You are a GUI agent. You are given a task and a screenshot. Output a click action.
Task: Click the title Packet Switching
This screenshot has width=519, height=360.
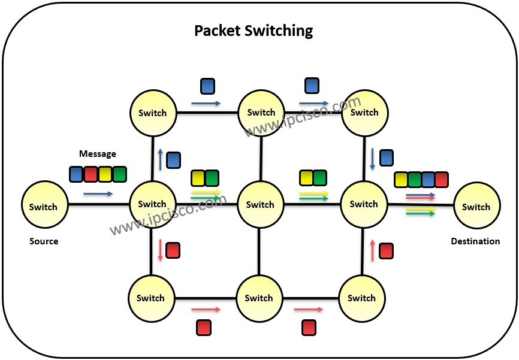(x=253, y=30)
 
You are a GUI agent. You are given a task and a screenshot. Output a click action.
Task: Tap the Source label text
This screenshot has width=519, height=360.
(x=44, y=241)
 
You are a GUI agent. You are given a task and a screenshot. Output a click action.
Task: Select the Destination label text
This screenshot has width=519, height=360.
(x=475, y=241)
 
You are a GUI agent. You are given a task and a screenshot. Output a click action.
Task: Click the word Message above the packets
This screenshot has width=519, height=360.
(x=98, y=154)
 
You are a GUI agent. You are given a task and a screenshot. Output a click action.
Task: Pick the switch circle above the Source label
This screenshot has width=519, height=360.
(x=44, y=207)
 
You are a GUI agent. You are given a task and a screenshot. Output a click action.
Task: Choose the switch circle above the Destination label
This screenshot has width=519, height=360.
(x=476, y=207)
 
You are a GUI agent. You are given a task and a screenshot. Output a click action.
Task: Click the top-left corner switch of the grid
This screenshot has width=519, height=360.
(x=153, y=113)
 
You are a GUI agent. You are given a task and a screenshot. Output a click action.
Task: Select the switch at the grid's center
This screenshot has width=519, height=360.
(x=260, y=205)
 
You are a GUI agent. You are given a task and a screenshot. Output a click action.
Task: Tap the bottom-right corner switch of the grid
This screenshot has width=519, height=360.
(x=361, y=298)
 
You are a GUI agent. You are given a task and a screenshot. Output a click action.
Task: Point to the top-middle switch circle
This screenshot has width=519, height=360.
(x=261, y=113)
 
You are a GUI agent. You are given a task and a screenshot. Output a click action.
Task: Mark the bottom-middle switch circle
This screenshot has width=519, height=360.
(x=259, y=298)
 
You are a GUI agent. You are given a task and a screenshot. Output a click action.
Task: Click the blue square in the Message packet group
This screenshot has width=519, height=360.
(x=76, y=174)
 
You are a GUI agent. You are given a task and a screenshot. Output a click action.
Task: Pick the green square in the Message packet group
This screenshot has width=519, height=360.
(x=120, y=174)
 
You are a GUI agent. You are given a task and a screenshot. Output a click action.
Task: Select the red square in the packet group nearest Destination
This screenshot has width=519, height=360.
(x=442, y=179)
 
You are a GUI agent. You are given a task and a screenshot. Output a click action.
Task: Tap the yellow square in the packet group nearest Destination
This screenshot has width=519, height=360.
(x=401, y=179)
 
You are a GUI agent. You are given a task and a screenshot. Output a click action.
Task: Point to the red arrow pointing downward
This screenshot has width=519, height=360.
(x=160, y=250)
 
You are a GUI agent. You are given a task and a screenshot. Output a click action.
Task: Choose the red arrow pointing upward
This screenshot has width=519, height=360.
(x=372, y=251)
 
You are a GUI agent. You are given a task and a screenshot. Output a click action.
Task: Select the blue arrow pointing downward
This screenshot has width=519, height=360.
(x=372, y=158)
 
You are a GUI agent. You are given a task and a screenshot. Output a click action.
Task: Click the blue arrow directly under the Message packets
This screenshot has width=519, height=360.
(x=98, y=194)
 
